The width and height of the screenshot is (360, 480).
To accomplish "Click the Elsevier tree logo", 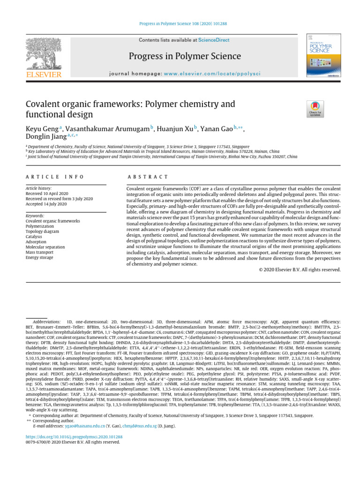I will point(43,54).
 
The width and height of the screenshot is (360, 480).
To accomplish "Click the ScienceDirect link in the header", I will point(214,41).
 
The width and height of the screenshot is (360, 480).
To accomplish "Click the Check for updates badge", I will point(315,109).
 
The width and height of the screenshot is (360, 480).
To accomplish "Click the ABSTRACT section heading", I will point(147,177).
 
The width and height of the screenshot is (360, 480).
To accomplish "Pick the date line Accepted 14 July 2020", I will point(46,203).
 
